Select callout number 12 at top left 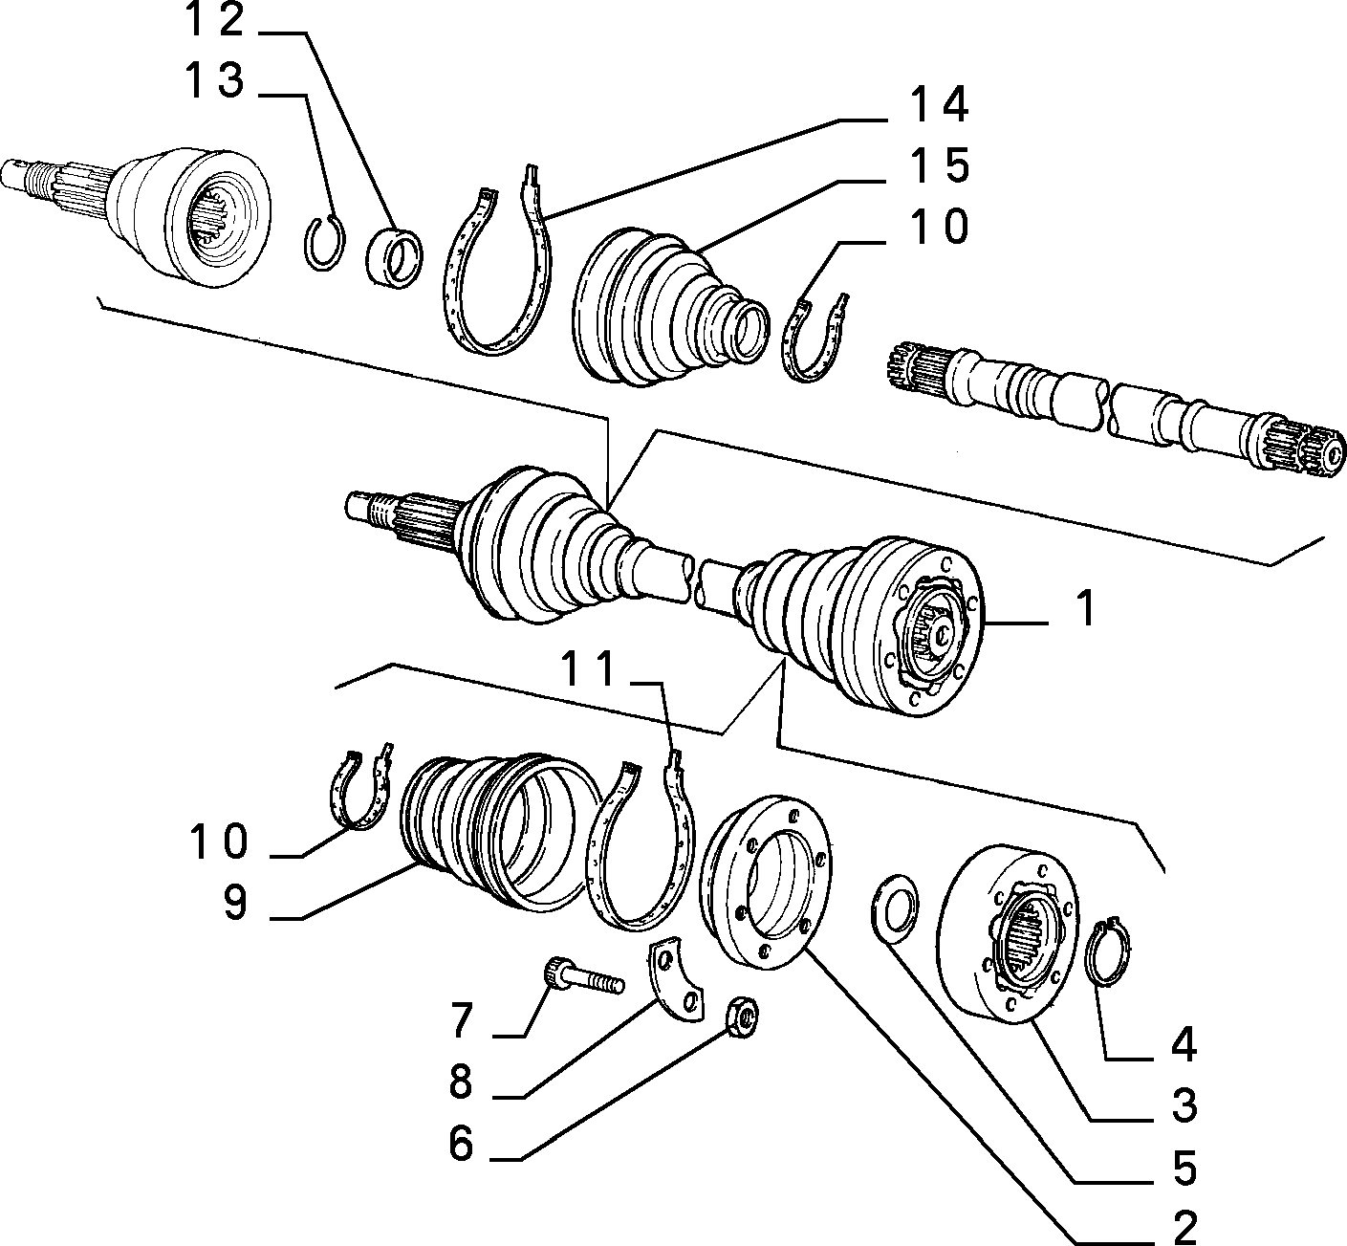tap(213, 19)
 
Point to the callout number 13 tap(213, 79)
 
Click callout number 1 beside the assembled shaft tap(1085, 608)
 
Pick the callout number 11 tap(589, 668)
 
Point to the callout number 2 tap(1184, 1226)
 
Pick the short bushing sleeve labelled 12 tap(394, 258)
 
